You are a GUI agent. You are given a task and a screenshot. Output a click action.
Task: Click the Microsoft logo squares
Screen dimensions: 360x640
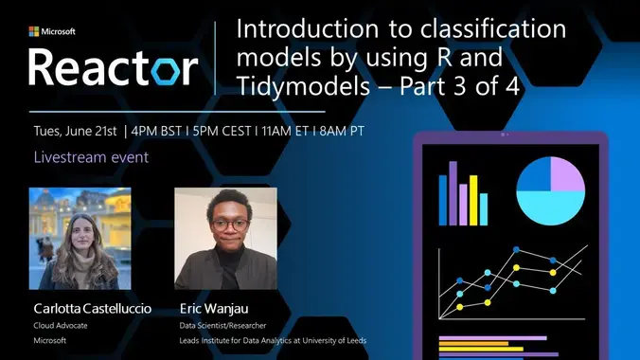(35, 31)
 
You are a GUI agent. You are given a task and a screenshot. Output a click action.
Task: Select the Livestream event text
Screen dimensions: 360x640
(91, 156)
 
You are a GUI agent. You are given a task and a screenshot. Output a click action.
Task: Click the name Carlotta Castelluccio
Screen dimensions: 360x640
(92, 309)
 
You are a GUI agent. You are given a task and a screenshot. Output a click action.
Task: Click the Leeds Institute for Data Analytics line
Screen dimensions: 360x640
(273, 340)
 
